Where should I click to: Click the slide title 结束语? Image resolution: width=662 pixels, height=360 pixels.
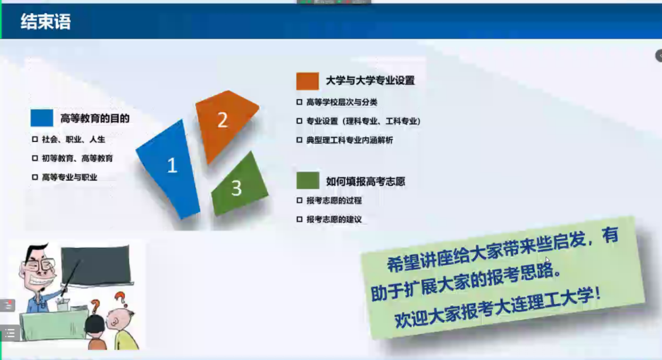coord(46,22)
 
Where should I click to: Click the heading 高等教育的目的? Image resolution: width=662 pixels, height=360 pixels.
coord(95,119)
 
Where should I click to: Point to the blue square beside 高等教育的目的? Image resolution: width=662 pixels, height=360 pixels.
coord(42,117)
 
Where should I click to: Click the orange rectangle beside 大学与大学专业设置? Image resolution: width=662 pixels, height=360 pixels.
coord(307,81)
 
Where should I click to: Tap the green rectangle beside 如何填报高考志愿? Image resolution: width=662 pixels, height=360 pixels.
coord(308,181)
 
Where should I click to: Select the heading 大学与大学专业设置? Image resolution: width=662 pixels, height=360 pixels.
coord(370,81)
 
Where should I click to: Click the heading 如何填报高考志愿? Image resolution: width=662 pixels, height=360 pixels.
coord(366,182)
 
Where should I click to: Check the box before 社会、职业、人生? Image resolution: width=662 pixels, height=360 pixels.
coord(35,139)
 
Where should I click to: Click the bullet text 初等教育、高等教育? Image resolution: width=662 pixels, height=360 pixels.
coord(77,158)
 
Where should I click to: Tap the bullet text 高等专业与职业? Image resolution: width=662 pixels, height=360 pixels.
coord(70,177)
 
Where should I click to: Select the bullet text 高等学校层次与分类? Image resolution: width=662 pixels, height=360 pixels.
coord(342,102)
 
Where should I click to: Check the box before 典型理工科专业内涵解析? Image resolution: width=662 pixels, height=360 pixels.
coord(299,140)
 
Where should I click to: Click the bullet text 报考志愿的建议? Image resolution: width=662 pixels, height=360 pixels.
coord(334,220)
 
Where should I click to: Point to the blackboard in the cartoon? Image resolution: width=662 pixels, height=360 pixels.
coord(96,266)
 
